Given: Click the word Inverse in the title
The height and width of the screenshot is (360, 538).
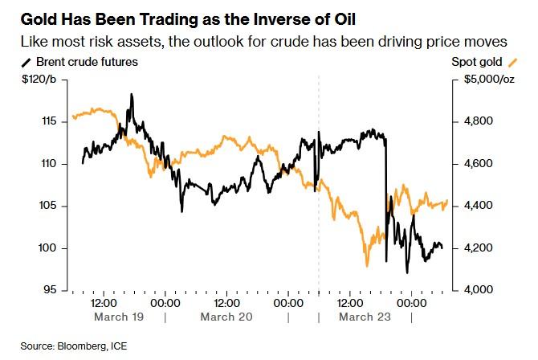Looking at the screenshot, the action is (x=279, y=19).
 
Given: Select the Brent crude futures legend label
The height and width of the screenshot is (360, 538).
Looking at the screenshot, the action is (x=88, y=62).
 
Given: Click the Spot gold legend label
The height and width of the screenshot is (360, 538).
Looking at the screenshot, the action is (x=477, y=62).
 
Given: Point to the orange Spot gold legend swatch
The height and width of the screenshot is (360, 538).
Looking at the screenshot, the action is (x=512, y=63).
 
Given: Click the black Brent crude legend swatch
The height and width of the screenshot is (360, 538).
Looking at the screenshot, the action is (x=26, y=63).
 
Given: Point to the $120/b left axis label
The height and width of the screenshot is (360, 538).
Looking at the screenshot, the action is (x=39, y=80).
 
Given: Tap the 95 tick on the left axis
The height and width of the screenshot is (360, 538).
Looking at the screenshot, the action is (x=50, y=290).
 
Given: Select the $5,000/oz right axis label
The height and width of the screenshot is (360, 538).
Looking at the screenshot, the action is (x=489, y=80).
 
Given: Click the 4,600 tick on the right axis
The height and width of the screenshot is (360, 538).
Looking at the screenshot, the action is (x=479, y=164).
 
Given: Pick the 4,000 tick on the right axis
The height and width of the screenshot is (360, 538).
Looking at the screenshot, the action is (x=479, y=290).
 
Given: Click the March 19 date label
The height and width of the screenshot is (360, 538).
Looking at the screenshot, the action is (x=119, y=317).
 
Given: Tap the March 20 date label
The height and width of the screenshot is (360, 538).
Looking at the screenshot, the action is (x=226, y=317).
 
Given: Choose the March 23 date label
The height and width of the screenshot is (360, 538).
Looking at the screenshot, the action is (x=365, y=317).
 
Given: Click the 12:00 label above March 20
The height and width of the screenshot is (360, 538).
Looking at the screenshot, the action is (x=226, y=303).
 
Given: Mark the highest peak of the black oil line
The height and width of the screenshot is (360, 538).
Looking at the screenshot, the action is (x=132, y=94).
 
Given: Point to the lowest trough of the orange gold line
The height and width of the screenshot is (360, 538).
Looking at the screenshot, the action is (x=367, y=266).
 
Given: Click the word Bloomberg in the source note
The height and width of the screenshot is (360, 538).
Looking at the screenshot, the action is (x=80, y=346).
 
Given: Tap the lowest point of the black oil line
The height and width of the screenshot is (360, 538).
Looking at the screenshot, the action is (x=407, y=273).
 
